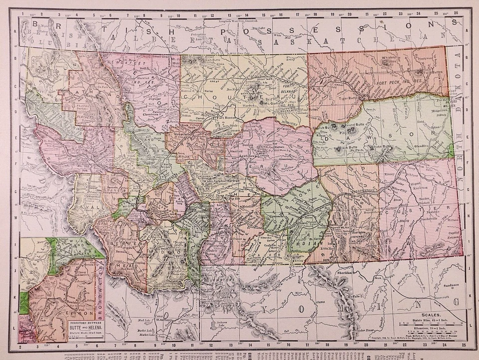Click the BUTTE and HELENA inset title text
(x=81, y=326)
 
